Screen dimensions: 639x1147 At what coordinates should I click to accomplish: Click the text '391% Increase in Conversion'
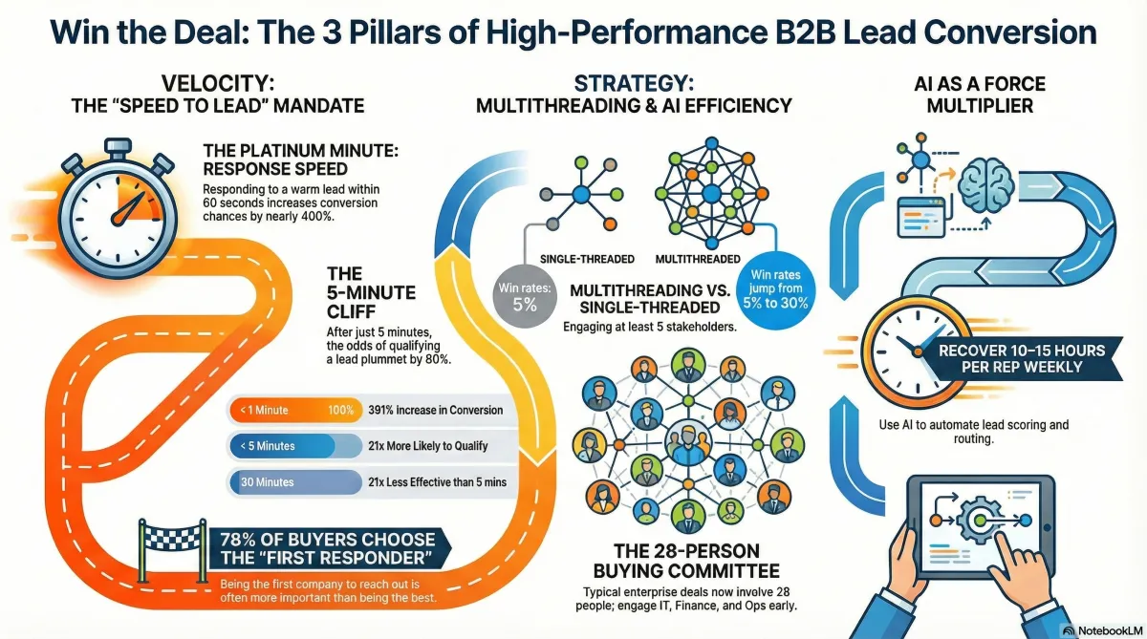435,411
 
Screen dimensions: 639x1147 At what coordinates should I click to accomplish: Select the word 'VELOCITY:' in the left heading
218,84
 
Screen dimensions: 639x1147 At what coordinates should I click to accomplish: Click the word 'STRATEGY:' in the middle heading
631,84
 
